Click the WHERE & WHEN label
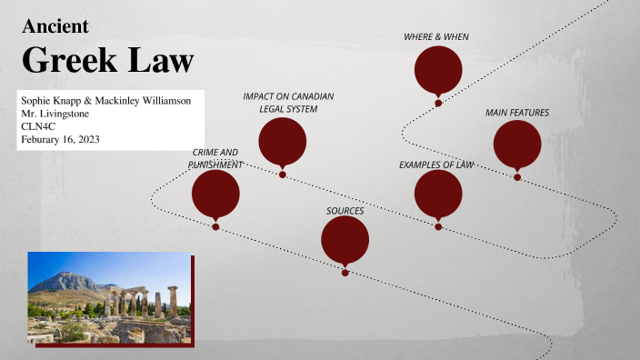(436, 36)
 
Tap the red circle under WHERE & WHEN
(438, 71)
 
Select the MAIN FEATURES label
(517, 113)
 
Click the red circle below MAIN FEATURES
(517, 145)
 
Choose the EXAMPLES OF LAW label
(436, 165)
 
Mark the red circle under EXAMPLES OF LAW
(438, 194)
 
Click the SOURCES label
(345, 211)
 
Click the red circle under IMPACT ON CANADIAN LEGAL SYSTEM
(282, 142)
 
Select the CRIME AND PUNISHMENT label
(215, 157)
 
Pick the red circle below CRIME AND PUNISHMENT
(215, 194)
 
